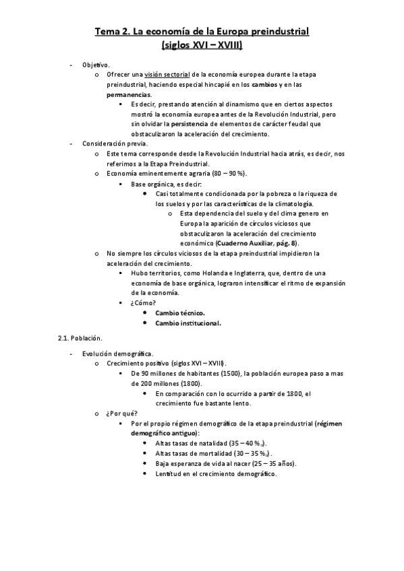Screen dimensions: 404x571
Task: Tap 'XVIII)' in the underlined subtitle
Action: [228, 46]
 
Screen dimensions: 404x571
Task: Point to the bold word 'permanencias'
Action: [128, 95]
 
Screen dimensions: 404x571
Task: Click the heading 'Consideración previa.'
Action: [115, 144]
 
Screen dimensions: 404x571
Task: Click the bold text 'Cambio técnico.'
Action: [180, 313]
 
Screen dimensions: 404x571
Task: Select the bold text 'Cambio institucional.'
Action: [188, 323]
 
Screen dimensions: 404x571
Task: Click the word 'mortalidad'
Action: [209, 454]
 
